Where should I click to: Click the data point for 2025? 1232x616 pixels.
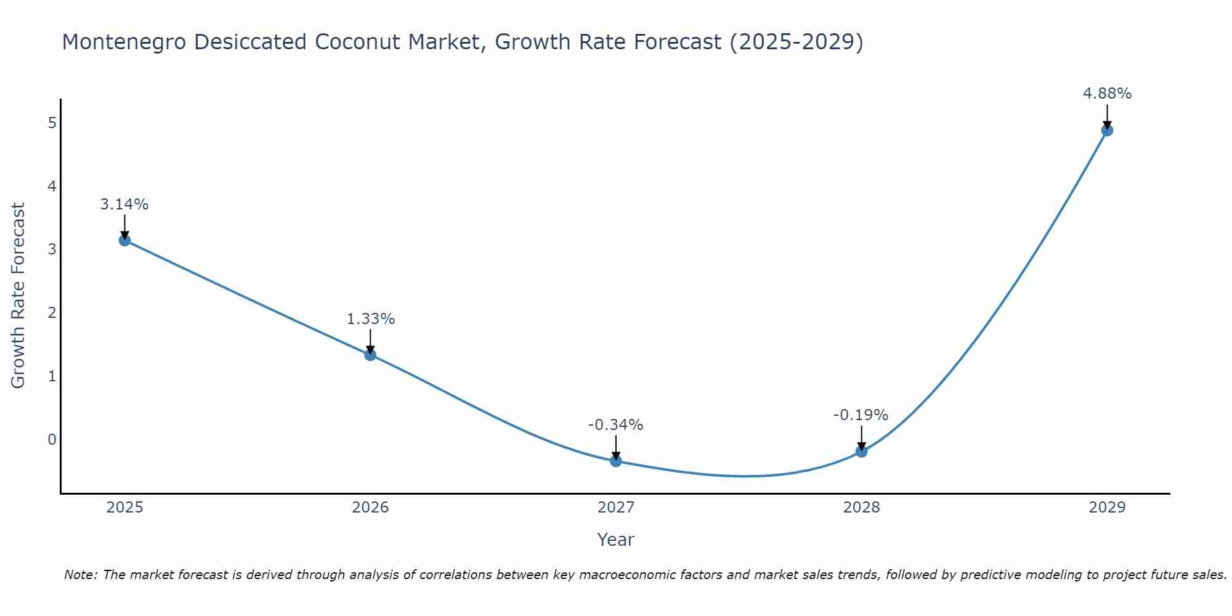[124, 240]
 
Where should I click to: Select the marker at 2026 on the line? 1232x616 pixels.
[370, 355]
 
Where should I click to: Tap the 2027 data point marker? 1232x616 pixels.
[616, 461]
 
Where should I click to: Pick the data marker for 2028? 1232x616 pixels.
[861, 452]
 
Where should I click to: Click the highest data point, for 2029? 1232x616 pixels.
[1107, 130]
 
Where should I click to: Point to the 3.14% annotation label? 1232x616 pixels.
[124, 205]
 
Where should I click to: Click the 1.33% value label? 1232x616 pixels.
[370, 319]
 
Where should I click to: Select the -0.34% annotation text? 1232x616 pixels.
[616, 425]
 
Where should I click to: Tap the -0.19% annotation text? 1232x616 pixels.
[861, 415]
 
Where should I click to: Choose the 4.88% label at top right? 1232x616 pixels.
[1107, 94]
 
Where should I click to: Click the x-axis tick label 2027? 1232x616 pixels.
[616, 508]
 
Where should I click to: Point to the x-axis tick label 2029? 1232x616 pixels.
[1107, 508]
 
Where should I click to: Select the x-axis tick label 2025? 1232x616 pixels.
[124, 508]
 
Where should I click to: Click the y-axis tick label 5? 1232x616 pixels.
[52, 123]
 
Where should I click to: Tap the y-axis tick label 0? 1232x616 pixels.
[52, 440]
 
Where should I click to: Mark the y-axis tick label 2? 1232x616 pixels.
[52, 313]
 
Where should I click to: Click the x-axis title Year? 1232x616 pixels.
[616, 540]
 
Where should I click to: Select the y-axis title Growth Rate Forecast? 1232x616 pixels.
[18, 296]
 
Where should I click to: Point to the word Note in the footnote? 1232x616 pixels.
[80, 575]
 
